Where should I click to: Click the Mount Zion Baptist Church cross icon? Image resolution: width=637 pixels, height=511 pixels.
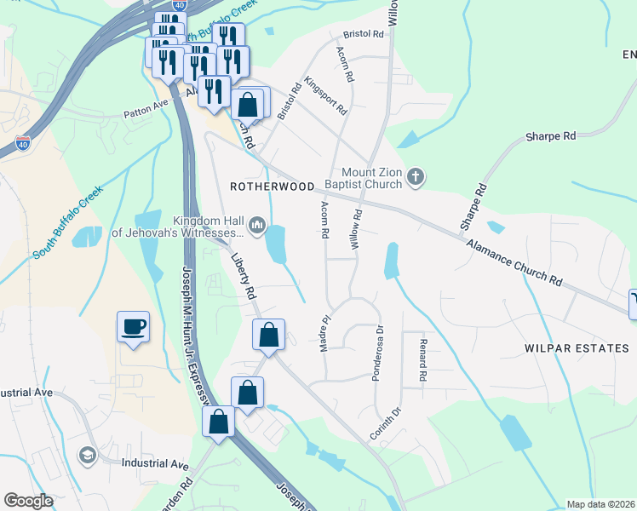(x=415, y=178)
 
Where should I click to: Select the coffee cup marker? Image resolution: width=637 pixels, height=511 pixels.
(x=133, y=326)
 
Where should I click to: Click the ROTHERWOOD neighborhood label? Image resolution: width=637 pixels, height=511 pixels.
(x=273, y=186)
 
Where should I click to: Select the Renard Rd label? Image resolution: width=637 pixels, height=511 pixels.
(x=422, y=359)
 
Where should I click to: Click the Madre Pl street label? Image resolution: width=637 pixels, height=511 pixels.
(x=324, y=330)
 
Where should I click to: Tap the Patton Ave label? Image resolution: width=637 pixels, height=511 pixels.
(x=146, y=108)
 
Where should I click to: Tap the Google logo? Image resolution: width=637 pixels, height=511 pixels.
(x=29, y=501)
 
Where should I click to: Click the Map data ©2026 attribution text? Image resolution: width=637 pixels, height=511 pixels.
(x=600, y=504)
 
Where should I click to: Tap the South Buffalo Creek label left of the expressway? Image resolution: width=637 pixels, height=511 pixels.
(x=68, y=222)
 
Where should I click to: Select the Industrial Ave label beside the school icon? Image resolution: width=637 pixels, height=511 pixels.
(x=155, y=464)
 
